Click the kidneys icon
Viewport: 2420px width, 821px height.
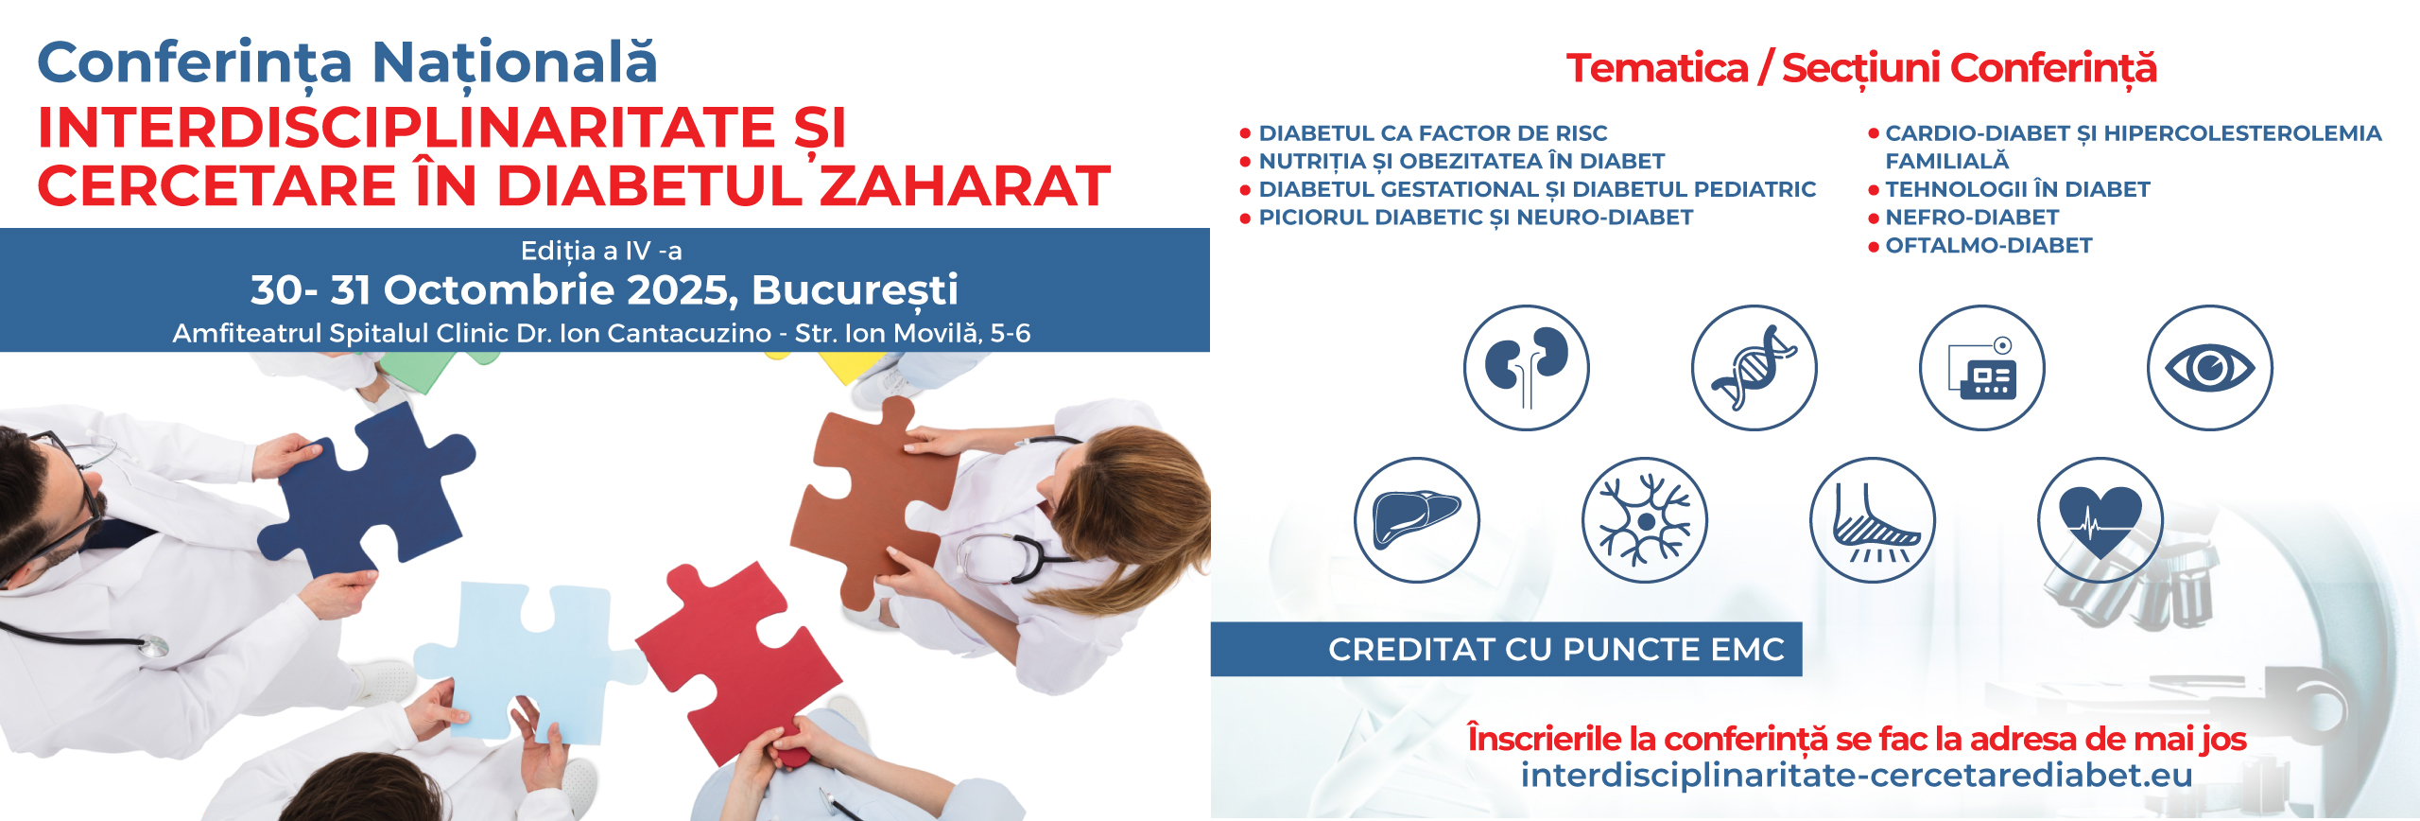pyautogui.click(x=1527, y=367)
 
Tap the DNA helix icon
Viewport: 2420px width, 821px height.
pyautogui.click(x=1754, y=367)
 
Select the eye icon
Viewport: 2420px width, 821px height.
pyautogui.click(x=2210, y=367)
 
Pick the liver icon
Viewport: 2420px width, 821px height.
pyautogui.click(x=1417, y=519)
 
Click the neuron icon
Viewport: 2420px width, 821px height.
pyautogui.click(x=1645, y=519)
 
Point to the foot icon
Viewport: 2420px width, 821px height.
pyautogui.click(x=1873, y=519)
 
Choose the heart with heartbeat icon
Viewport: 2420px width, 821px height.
pyautogui.click(x=2100, y=519)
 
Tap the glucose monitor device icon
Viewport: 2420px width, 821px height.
pyautogui.click(x=1982, y=367)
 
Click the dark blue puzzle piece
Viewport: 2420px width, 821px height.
pyautogui.click(x=369, y=492)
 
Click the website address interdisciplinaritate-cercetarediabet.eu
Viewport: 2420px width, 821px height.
pyautogui.click(x=1857, y=775)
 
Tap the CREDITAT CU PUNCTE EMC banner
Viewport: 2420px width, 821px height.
pyautogui.click(x=1507, y=649)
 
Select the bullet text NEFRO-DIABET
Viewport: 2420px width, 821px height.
pyautogui.click(x=1972, y=218)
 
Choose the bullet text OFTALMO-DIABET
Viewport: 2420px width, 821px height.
pyautogui.click(x=1989, y=246)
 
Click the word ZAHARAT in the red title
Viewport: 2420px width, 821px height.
pyautogui.click(x=964, y=185)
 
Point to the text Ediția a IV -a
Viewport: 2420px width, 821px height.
pyautogui.click(x=601, y=251)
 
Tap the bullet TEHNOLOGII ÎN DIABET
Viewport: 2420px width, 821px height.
pyautogui.click(x=2017, y=189)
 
